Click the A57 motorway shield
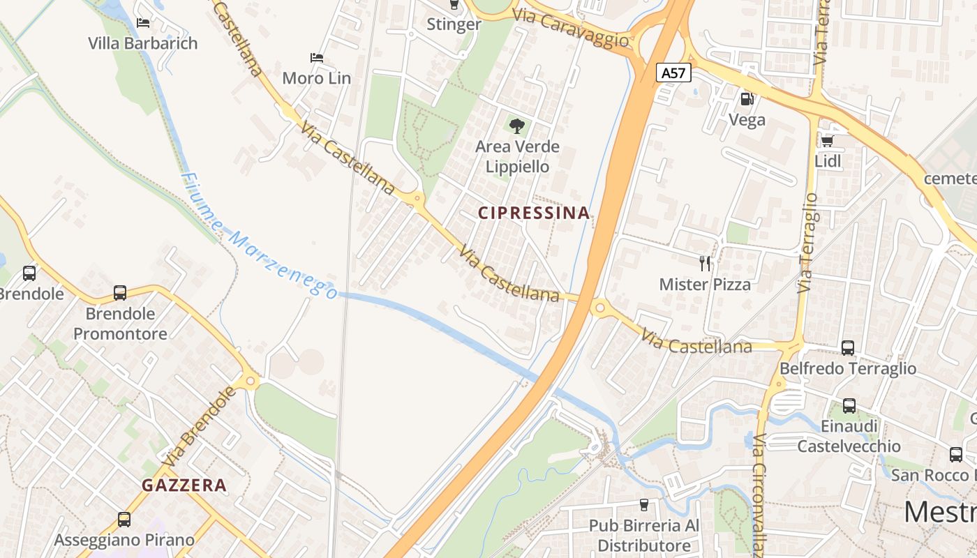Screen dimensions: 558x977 [x=673, y=73]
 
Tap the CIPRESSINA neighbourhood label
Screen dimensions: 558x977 [x=534, y=213]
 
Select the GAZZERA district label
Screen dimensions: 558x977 [x=184, y=485]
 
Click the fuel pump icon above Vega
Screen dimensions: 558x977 [x=747, y=99]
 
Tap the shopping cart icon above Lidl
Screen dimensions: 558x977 [x=828, y=141]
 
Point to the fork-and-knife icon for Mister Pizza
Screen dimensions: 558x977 [x=705, y=264]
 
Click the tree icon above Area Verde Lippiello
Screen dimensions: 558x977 [x=517, y=126]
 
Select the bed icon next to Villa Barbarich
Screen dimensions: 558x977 [x=143, y=22]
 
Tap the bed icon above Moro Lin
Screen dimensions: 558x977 [x=316, y=57]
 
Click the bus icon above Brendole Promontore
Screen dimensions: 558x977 [x=120, y=293]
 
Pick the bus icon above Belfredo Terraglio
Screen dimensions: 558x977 [x=848, y=347]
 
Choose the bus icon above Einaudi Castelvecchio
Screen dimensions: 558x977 [x=849, y=405]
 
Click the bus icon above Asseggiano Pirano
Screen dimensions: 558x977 [x=124, y=520]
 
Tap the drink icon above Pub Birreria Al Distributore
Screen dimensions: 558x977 [x=643, y=504]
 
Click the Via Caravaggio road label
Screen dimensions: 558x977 [x=570, y=28]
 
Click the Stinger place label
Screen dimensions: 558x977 [x=454, y=24]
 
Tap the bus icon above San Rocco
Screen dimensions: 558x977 [x=956, y=455]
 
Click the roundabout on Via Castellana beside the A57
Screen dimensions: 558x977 [x=599, y=307]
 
